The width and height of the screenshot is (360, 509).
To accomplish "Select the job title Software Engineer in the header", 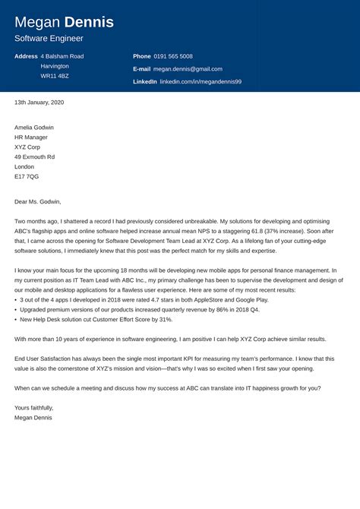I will click(49, 38).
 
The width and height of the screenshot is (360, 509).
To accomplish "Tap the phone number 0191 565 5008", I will click(174, 56).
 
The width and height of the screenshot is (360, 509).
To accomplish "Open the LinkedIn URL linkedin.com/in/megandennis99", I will click(201, 81).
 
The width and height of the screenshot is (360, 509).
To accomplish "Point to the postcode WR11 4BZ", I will click(55, 76).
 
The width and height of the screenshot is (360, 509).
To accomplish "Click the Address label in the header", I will click(26, 56).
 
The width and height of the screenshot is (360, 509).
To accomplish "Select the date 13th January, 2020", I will click(39, 102).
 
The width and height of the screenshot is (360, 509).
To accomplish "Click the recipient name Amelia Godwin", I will click(34, 127).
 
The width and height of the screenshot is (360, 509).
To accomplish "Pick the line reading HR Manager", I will click(31, 137).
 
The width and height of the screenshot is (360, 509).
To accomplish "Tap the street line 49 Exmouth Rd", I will click(35, 156).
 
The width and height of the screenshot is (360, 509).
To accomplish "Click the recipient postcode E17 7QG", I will click(27, 176).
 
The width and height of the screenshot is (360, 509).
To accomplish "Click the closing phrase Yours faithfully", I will click(33, 407).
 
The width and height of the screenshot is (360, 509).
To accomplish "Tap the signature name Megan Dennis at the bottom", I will click(34, 417).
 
